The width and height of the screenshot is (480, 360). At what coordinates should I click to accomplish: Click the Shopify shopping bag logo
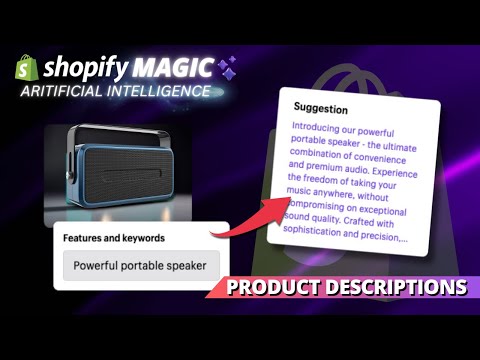pos(28,69)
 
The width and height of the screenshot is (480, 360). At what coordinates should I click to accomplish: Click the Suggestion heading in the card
pos(320,109)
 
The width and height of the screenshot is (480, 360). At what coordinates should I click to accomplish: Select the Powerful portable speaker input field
pos(141,265)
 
